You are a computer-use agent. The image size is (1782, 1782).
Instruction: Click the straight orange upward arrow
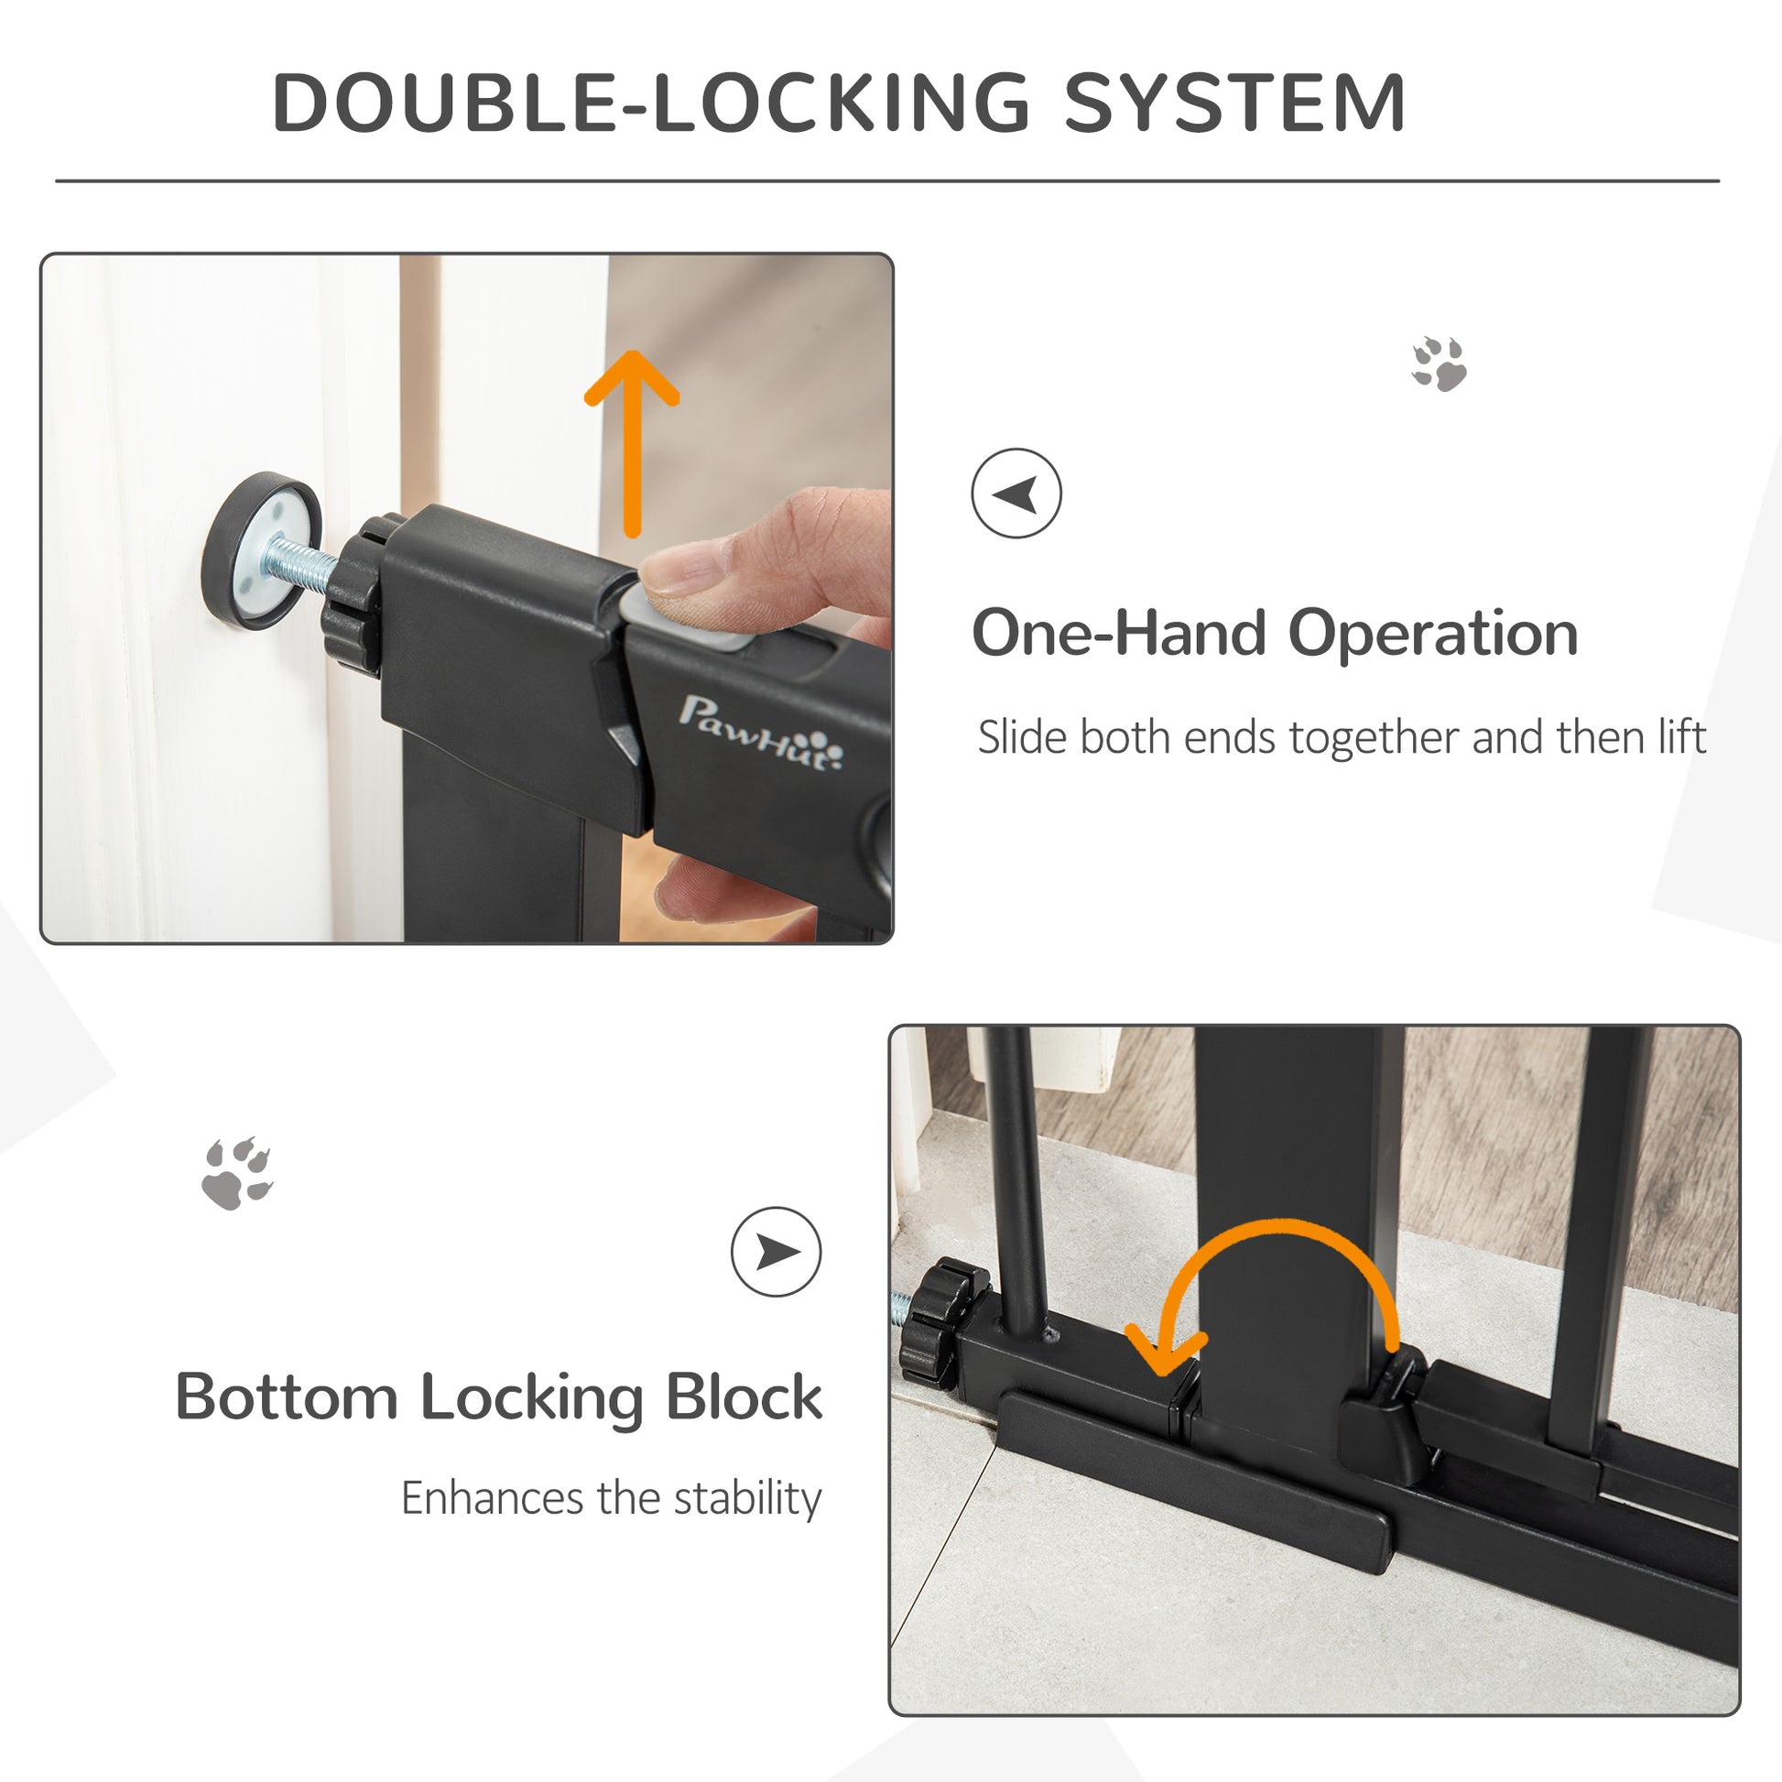pos(632,442)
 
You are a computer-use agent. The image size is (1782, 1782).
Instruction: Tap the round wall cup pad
pos(261,550)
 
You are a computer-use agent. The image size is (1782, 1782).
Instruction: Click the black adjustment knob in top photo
pos(353,604)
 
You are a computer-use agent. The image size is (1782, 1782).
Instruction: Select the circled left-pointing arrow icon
pos(1016,494)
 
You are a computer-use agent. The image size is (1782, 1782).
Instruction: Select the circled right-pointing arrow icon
pos(776,1252)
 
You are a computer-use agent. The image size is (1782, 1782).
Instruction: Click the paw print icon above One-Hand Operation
pos(1439,364)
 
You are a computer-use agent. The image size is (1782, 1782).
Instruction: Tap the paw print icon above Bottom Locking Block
pos(237,1173)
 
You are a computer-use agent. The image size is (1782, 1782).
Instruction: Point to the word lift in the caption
pos(1681,738)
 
